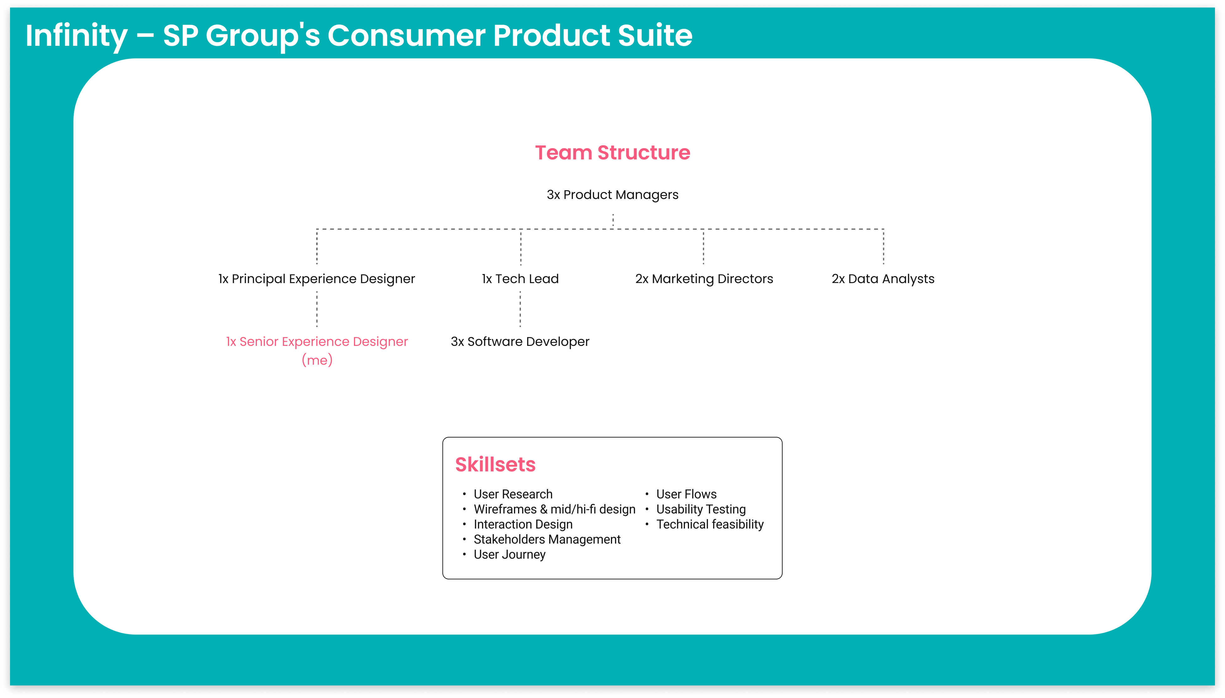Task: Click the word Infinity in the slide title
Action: pos(77,36)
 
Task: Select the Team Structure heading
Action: pos(612,153)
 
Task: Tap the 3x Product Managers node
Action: pos(612,195)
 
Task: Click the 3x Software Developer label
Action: pos(520,341)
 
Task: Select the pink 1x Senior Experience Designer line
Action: pos(317,341)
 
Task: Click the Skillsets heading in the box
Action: pos(495,464)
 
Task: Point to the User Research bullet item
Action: pos(513,494)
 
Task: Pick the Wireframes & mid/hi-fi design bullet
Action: pos(554,509)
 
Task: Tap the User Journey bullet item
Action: pos(510,555)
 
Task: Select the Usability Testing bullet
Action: pos(701,509)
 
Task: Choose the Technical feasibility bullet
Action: pos(710,524)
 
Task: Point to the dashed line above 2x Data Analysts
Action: pos(883,247)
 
